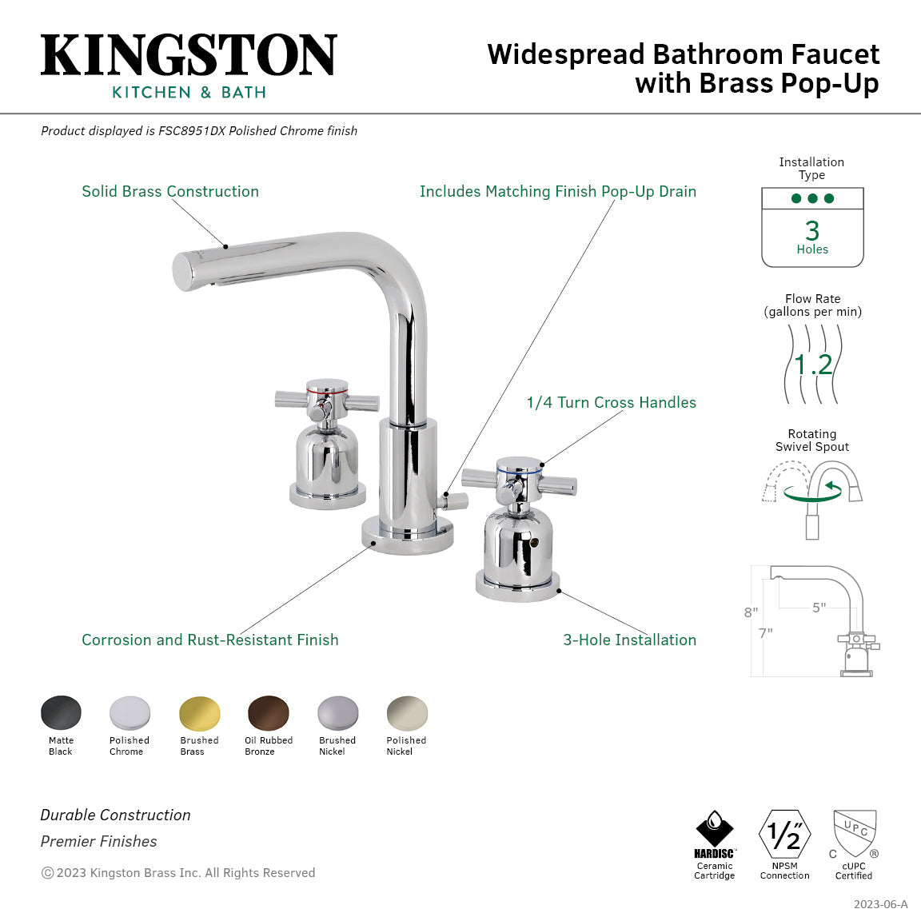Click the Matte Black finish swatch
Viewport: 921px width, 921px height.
tap(61, 712)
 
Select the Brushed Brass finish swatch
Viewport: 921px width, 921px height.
tap(199, 712)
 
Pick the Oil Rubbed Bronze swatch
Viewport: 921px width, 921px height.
tap(269, 712)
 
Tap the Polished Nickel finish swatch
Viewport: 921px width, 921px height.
tap(407, 712)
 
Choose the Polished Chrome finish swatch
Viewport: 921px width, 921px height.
tap(130, 712)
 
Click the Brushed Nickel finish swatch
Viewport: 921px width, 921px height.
tap(338, 712)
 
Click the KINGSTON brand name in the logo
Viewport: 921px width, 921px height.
tap(189, 55)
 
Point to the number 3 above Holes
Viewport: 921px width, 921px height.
tap(812, 231)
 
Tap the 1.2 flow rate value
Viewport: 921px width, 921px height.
tap(813, 365)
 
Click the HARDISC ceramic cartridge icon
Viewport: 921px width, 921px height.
tap(714, 835)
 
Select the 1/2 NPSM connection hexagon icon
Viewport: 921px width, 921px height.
tap(784, 835)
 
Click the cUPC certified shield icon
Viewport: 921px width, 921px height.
tap(855, 833)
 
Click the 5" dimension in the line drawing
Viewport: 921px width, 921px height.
tap(819, 608)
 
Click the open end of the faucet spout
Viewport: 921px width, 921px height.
tap(185, 271)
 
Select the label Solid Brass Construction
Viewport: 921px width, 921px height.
tap(170, 192)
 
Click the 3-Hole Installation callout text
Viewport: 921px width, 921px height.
tap(629, 640)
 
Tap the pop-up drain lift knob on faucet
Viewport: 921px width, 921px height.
tap(457, 501)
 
